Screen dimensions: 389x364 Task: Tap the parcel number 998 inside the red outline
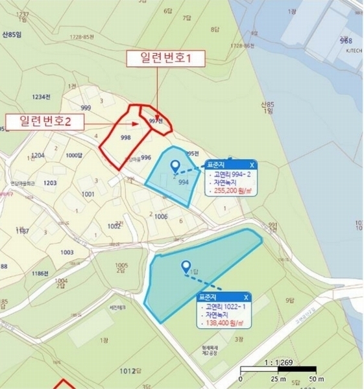tap(126, 137)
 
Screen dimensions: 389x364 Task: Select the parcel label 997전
tap(156, 121)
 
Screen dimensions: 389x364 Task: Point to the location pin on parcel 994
tap(175, 167)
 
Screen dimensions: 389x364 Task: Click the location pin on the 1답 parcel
tap(187, 266)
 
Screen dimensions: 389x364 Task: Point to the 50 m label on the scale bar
tap(316, 378)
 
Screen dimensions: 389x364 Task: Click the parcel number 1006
tap(162, 217)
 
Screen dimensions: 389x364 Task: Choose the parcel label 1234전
tap(40, 97)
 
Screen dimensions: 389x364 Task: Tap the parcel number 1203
tap(50, 183)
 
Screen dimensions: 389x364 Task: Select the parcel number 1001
tap(88, 193)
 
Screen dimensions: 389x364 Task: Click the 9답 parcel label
tap(290, 300)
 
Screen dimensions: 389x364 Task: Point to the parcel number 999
tap(86, 108)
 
